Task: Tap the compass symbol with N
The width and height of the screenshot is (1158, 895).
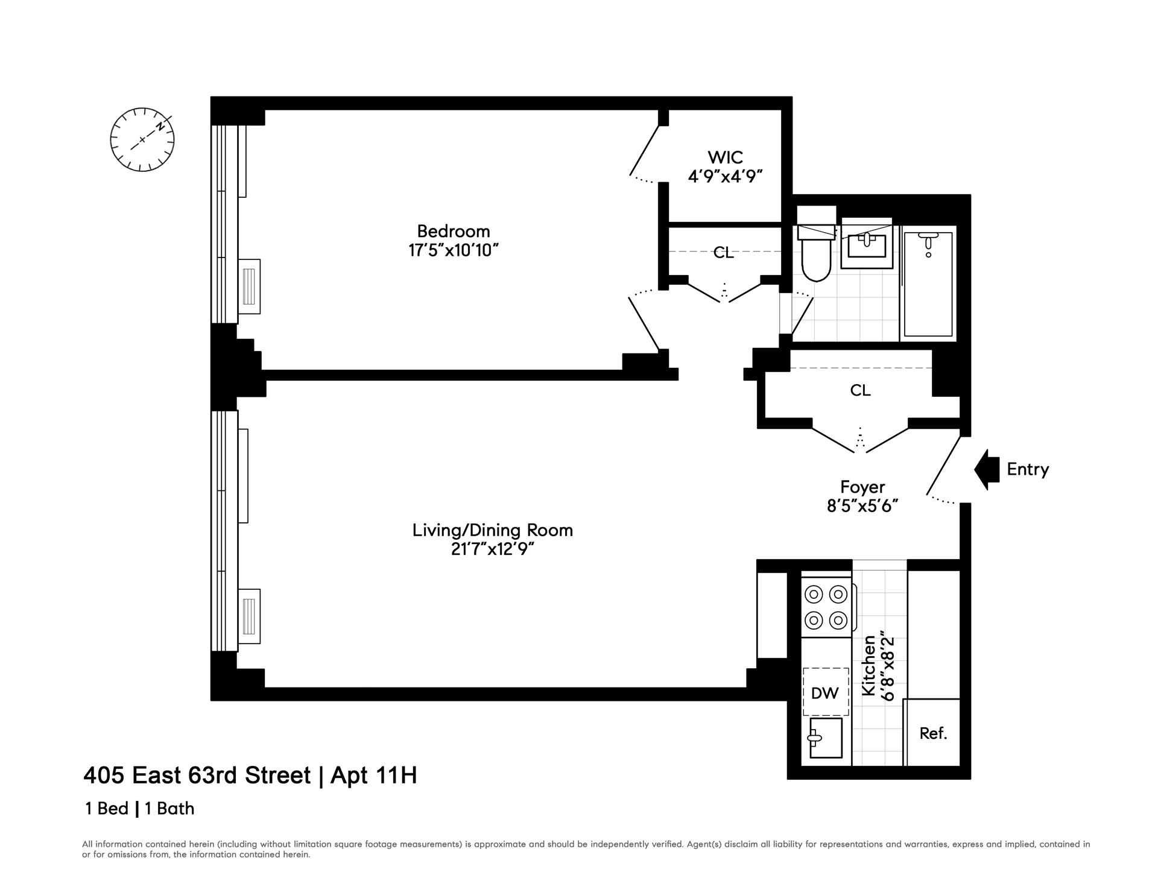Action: coord(142,140)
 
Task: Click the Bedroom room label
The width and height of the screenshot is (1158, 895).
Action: coord(454,231)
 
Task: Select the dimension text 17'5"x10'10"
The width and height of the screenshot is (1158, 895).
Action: coord(454,250)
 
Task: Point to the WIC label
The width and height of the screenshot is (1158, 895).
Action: coord(725,157)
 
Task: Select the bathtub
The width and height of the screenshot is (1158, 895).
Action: coord(928,283)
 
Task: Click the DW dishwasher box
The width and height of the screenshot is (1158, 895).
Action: coord(825,693)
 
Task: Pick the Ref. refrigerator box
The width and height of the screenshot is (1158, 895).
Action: coord(933,733)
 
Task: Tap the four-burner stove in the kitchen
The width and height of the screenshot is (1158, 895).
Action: coord(826,607)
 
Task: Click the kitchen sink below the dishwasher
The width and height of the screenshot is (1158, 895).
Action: coord(826,738)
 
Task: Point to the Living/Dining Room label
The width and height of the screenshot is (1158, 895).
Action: coord(493,530)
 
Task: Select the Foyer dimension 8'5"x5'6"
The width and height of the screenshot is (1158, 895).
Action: coord(862,505)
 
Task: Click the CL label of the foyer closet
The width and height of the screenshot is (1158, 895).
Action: coord(860,390)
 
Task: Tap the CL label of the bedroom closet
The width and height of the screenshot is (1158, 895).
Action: coord(724,253)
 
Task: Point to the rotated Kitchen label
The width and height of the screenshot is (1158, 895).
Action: coord(868,665)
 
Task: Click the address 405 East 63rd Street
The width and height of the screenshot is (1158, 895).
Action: coord(197,775)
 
